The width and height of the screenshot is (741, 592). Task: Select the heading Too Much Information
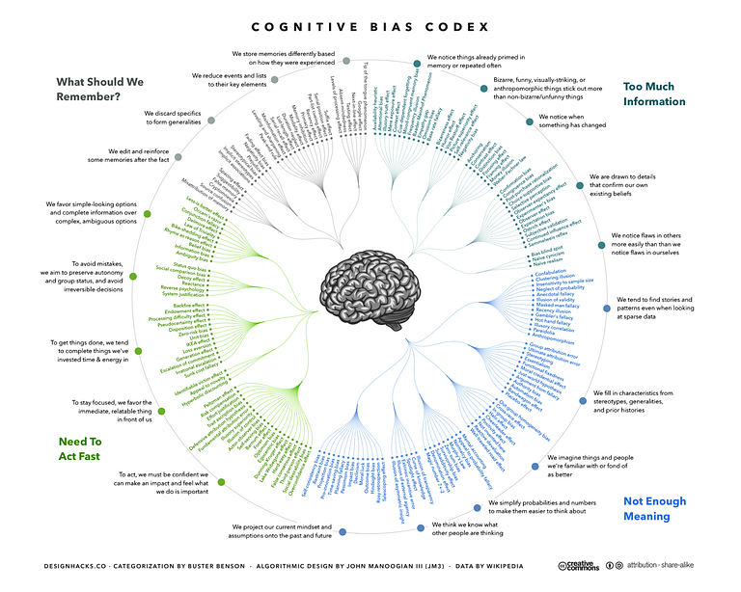click(x=653, y=94)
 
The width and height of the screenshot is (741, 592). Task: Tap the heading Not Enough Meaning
click(x=654, y=508)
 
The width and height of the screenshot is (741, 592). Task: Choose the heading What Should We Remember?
click(x=101, y=89)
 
